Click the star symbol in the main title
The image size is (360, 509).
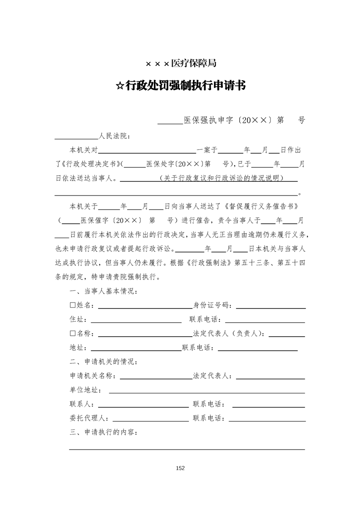120,86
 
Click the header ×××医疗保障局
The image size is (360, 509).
181,64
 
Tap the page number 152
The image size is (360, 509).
180,468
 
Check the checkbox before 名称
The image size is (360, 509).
73,334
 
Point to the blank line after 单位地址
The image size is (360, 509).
207,391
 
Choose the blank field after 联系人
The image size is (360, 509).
143,405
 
